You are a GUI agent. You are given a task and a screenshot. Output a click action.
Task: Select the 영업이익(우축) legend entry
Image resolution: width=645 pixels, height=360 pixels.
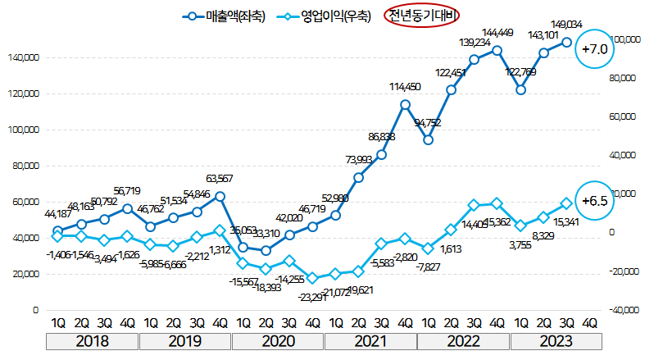pos(324,15)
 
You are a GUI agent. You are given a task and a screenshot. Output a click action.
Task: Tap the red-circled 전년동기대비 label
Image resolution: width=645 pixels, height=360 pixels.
pos(423,15)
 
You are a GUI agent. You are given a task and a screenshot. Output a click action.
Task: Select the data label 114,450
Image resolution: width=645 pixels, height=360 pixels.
pos(405,87)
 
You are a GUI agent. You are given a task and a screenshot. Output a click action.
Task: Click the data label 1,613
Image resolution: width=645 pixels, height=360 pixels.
pos(452,248)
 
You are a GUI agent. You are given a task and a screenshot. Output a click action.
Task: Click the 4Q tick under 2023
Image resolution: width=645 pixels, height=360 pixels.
pos(588,322)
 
